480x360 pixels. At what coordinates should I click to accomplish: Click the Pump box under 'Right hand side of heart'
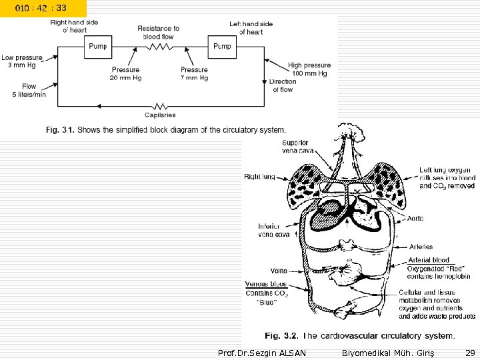tap(98, 46)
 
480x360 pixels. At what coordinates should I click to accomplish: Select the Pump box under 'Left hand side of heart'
tap(222, 46)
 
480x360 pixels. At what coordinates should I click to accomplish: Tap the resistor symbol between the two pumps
tap(160, 47)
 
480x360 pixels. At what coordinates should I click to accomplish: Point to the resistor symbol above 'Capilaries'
tap(160, 105)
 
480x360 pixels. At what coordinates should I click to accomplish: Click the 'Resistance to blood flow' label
tap(159, 33)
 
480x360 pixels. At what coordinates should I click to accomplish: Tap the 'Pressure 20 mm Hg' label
tap(126, 73)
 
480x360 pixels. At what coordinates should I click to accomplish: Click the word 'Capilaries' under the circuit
tap(160, 115)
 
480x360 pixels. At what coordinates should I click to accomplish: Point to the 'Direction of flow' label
tap(283, 85)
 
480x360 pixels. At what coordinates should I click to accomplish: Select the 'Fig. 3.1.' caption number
tap(59, 130)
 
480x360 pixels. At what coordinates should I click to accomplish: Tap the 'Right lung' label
tap(260, 177)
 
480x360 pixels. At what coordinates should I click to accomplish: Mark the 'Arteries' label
tap(421, 247)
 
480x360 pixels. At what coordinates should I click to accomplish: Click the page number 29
tap(470, 352)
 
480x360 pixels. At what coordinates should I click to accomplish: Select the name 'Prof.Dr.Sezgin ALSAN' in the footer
tap(262, 352)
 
